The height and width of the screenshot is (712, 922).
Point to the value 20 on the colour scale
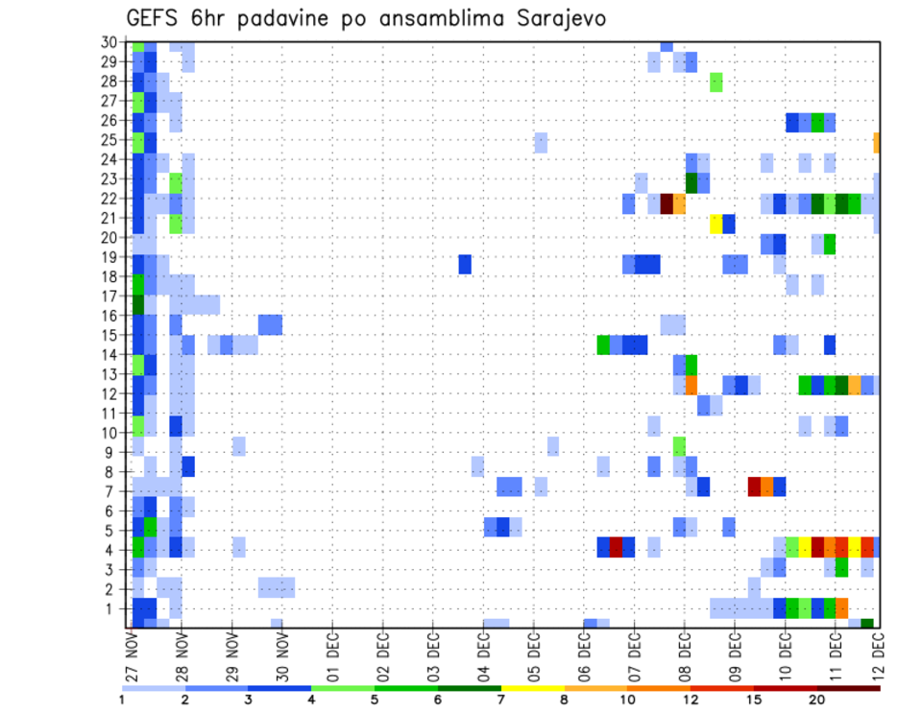click(817, 700)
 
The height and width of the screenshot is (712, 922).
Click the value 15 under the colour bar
click(754, 700)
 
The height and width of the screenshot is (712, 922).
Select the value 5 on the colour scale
click(375, 700)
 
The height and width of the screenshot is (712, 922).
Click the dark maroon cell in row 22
click(667, 203)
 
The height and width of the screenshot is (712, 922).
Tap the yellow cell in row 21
click(716, 224)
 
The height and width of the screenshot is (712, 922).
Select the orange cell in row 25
click(877, 141)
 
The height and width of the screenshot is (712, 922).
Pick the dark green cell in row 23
click(691, 181)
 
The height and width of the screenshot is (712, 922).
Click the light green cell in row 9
click(679, 446)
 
